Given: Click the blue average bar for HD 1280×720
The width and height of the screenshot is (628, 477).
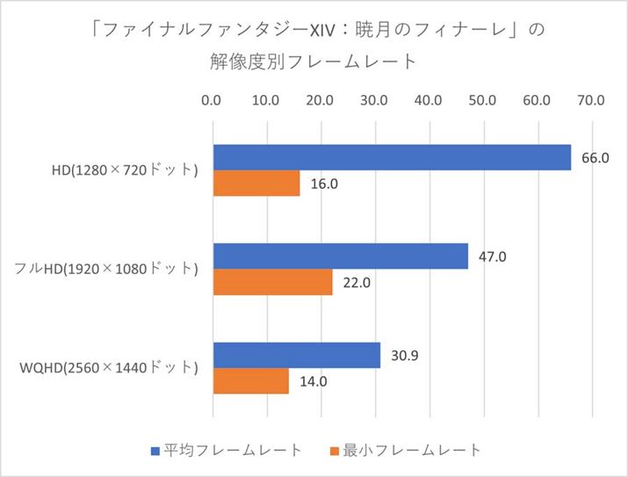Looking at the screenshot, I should pyautogui.click(x=391, y=157).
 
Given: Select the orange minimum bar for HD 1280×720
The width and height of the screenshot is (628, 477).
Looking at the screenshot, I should pyautogui.click(x=256, y=184).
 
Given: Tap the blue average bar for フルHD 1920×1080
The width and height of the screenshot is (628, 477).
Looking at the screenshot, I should pyautogui.click(x=340, y=257).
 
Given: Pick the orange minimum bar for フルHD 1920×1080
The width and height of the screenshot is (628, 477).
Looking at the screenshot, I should pyautogui.click(x=272, y=282).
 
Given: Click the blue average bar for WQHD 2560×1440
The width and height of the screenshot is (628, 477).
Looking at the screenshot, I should pyautogui.click(x=296, y=355).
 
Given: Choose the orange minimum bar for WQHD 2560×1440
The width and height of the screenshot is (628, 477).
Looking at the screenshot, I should pyautogui.click(x=250, y=381).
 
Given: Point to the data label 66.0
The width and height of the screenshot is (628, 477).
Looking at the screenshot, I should pyautogui.click(x=595, y=158).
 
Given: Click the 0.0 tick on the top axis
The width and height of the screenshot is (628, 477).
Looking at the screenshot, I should pyautogui.click(x=212, y=101).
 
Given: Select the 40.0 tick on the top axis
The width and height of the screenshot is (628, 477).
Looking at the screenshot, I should pyautogui.click(x=429, y=101).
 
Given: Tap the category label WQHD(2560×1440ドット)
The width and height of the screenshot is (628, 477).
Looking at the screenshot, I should pyautogui.click(x=109, y=367).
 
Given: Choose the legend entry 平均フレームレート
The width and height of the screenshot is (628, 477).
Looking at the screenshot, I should pyautogui.click(x=227, y=450).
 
